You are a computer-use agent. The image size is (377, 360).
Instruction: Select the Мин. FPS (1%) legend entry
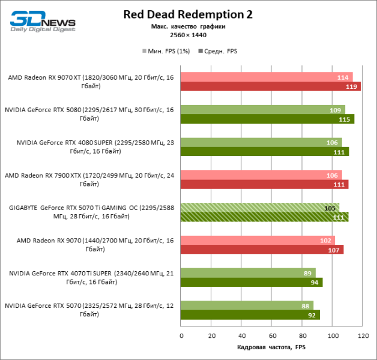pos(166,51)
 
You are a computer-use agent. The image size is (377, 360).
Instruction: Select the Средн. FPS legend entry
pos(221,51)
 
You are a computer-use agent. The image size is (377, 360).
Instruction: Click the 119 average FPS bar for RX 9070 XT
pos(270,86)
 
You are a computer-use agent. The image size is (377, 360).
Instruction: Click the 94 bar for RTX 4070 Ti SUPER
pos(251,283)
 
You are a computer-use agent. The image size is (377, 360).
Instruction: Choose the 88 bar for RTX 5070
pos(247,305)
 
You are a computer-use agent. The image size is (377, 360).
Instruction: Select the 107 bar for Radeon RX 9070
pos(262,250)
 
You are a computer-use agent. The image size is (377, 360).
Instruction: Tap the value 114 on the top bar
pos(343,77)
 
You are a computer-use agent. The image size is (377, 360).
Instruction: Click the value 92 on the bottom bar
pos(311,315)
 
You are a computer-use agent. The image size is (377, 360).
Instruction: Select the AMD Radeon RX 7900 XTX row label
pos(89,179)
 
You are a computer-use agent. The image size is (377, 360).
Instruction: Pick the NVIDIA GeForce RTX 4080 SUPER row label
pos(89,147)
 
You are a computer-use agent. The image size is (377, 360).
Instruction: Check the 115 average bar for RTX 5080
pos(267,119)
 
